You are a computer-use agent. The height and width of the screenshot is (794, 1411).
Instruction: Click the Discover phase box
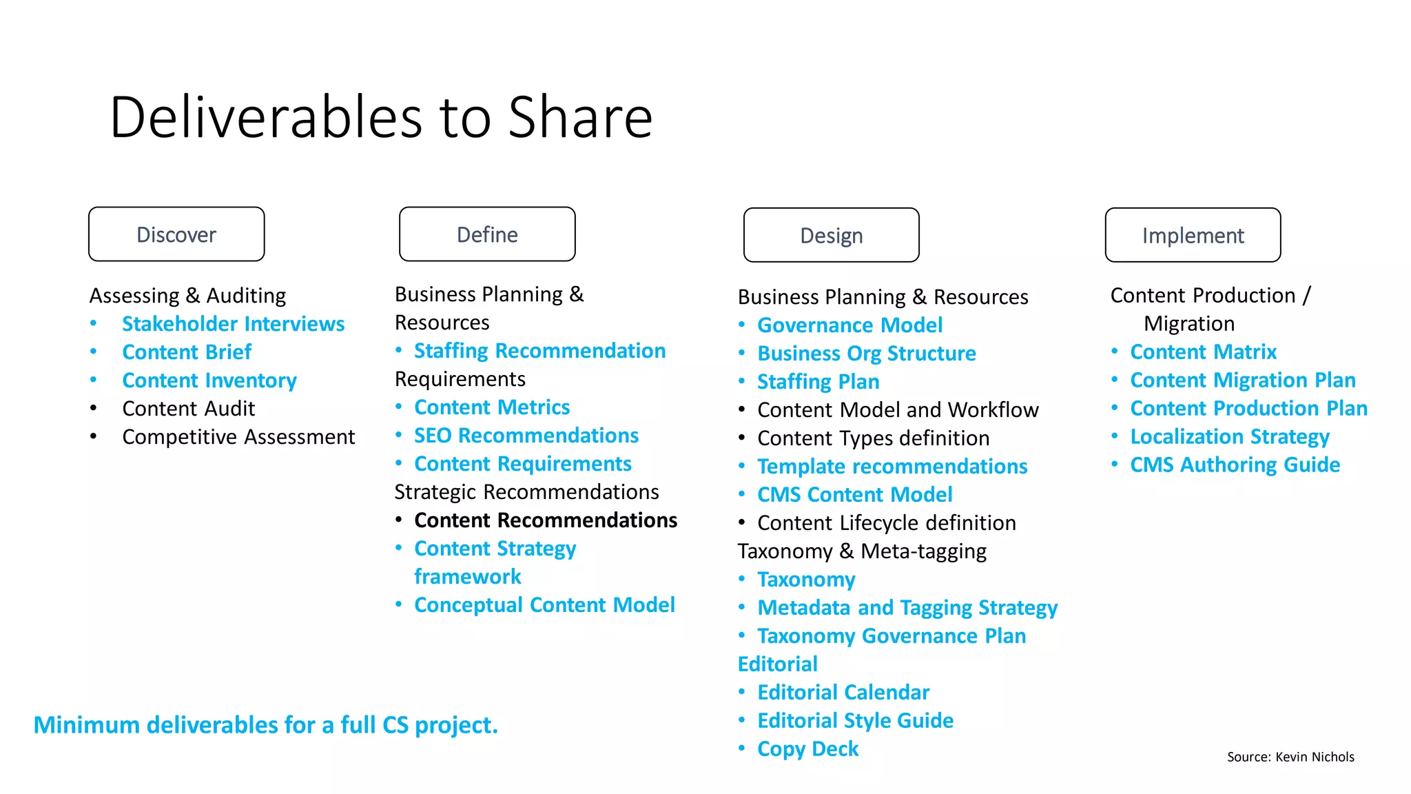click(176, 234)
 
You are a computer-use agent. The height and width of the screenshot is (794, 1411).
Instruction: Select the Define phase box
click(487, 234)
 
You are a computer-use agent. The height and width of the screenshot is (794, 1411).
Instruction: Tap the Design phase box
click(831, 235)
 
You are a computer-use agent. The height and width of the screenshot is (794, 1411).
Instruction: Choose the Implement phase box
click(1193, 235)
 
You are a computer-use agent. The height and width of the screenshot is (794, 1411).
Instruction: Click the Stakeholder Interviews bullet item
click(233, 324)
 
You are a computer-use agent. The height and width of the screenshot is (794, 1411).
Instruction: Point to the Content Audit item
click(188, 409)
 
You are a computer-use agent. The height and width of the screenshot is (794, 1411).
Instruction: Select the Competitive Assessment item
click(238, 437)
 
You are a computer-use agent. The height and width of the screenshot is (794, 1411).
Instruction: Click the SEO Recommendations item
click(526, 436)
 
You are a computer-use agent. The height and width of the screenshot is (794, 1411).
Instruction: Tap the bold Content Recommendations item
click(546, 520)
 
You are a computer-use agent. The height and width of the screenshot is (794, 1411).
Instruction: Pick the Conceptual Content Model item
click(544, 605)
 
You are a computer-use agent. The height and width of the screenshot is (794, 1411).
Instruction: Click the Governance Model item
click(849, 325)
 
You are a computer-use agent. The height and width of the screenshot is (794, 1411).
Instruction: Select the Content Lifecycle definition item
click(886, 523)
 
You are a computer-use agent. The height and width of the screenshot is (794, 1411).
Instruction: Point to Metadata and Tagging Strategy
click(907, 608)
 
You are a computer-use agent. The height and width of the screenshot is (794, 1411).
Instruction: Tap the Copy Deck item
click(807, 749)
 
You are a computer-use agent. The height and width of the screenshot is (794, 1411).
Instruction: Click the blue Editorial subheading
click(777, 664)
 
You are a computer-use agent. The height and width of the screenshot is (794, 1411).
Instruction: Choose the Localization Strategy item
click(1230, 437)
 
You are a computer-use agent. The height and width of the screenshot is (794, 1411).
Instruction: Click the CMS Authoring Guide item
click(1235, 465)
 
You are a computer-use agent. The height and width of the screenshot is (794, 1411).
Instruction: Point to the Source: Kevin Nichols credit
click(1290, 757)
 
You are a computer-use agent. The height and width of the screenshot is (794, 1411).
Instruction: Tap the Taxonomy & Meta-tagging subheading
click(862, 551)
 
